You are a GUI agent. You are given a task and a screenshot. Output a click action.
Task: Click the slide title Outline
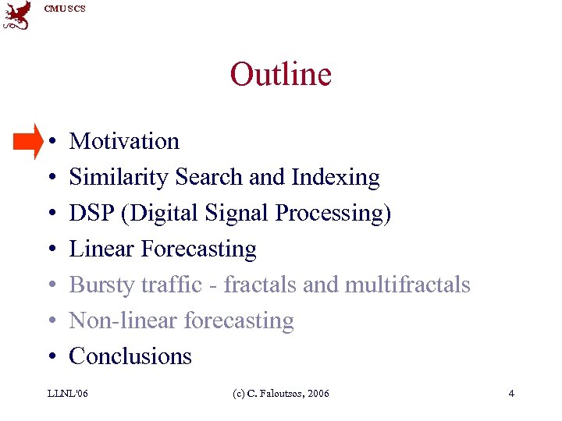click(x=280, y=75)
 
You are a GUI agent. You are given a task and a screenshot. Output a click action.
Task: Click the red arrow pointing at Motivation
click(x=29, y=141)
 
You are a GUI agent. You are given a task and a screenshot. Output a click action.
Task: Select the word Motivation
click(x=124, y=141)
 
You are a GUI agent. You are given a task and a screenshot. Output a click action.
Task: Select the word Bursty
click(x=101, y=285)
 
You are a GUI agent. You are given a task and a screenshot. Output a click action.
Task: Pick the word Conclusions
click(x=130, y=356)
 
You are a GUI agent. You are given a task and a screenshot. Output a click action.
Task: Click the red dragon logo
click(x=17, y=16)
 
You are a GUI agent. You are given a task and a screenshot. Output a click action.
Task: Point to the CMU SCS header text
click(x=65, y=9)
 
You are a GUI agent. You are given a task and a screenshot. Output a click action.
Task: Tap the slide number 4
click(x=511, y=394)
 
